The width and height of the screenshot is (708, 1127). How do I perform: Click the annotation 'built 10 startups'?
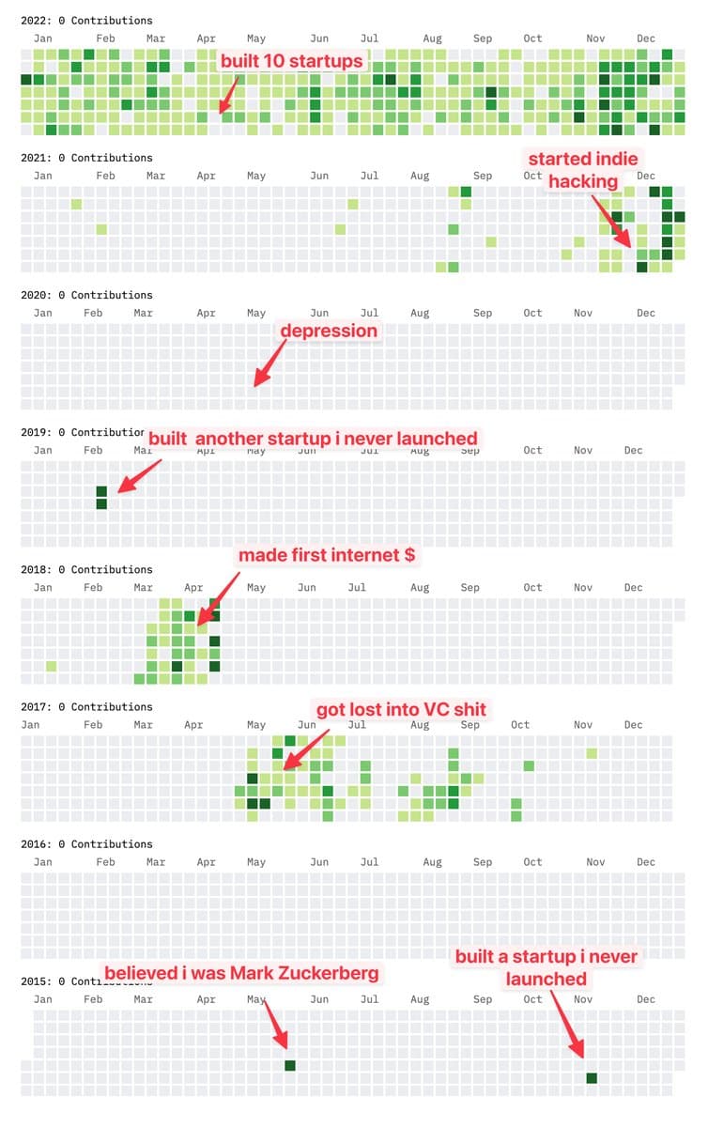point(291,61)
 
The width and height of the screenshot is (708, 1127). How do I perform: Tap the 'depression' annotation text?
point(329,331)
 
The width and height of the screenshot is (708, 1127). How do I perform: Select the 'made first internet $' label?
point(326,555)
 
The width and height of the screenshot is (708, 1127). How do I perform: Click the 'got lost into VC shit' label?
point(401,709)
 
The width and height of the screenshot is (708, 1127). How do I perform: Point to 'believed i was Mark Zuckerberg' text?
point(241,973)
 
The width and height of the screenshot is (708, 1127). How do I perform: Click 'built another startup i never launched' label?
point(313,439)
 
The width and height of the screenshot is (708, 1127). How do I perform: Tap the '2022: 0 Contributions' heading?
point(86,20)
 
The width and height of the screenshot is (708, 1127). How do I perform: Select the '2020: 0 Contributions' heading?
point(86,295)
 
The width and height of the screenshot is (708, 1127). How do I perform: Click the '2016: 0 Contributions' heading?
point(86,843)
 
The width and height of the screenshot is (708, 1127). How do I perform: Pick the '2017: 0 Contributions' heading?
point(86,706)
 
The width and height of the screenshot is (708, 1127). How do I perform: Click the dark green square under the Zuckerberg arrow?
point(290,1065)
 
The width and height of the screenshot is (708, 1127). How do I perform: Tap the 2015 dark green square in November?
point(592,1077)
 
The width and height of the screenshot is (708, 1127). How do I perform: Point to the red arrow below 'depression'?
point(269,363)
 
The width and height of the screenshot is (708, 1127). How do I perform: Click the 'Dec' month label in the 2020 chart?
point(646,313)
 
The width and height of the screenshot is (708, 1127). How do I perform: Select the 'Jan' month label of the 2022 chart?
point(42,39)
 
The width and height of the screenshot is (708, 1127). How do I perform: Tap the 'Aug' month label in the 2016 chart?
point(432,861)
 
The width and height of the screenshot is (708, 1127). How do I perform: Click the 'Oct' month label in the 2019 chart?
point(532,450)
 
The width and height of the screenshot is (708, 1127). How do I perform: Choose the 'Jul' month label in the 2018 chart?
point(357,587)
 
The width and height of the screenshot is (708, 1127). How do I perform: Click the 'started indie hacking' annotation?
point(583,170)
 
